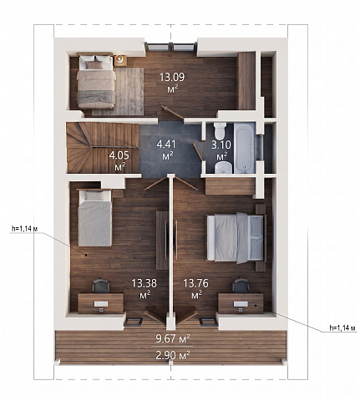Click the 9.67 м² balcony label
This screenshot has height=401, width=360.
[173, 338]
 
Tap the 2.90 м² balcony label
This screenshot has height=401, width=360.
[173, 355]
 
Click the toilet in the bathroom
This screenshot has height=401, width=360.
[220, 131]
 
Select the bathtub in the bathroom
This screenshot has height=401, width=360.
[244, 148]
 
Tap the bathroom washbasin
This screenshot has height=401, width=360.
[223, 168]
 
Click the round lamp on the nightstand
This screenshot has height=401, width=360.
[120, 59]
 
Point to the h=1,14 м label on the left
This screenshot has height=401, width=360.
[24, 229]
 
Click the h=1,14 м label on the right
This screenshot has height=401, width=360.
[342, 327]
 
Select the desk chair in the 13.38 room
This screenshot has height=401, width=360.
[101, 286]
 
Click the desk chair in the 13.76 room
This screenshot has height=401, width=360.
[241, 286]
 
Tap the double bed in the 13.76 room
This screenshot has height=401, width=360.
[236, 237]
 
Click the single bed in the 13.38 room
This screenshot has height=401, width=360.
[95, 218]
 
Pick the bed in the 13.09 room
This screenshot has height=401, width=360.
[96, 81]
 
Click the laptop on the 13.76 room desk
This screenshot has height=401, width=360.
[241, 304]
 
